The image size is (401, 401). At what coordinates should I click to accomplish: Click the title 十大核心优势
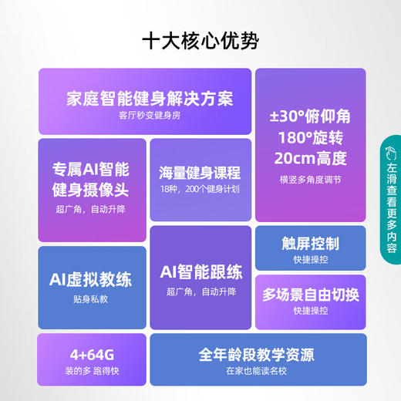click(x=200, y=40)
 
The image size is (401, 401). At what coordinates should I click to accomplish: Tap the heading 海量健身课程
click(x=200, y=172)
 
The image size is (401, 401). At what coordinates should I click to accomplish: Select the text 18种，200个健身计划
click(x=200, y=190)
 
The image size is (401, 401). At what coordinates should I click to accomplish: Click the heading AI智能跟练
click(x=200, y=271)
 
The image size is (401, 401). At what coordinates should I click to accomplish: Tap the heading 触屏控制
click(x=311, y=244)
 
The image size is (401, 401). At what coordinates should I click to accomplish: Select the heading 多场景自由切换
click(x=311, y=293)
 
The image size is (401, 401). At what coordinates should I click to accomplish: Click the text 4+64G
click(x=90, y=355)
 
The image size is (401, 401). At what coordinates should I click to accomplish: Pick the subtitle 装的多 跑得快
click(x=90, y=370)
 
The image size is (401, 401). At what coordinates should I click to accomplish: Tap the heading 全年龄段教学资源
click(x=255, y=355)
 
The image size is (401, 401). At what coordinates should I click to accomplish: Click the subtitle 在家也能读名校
click(x=255, y=371)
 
